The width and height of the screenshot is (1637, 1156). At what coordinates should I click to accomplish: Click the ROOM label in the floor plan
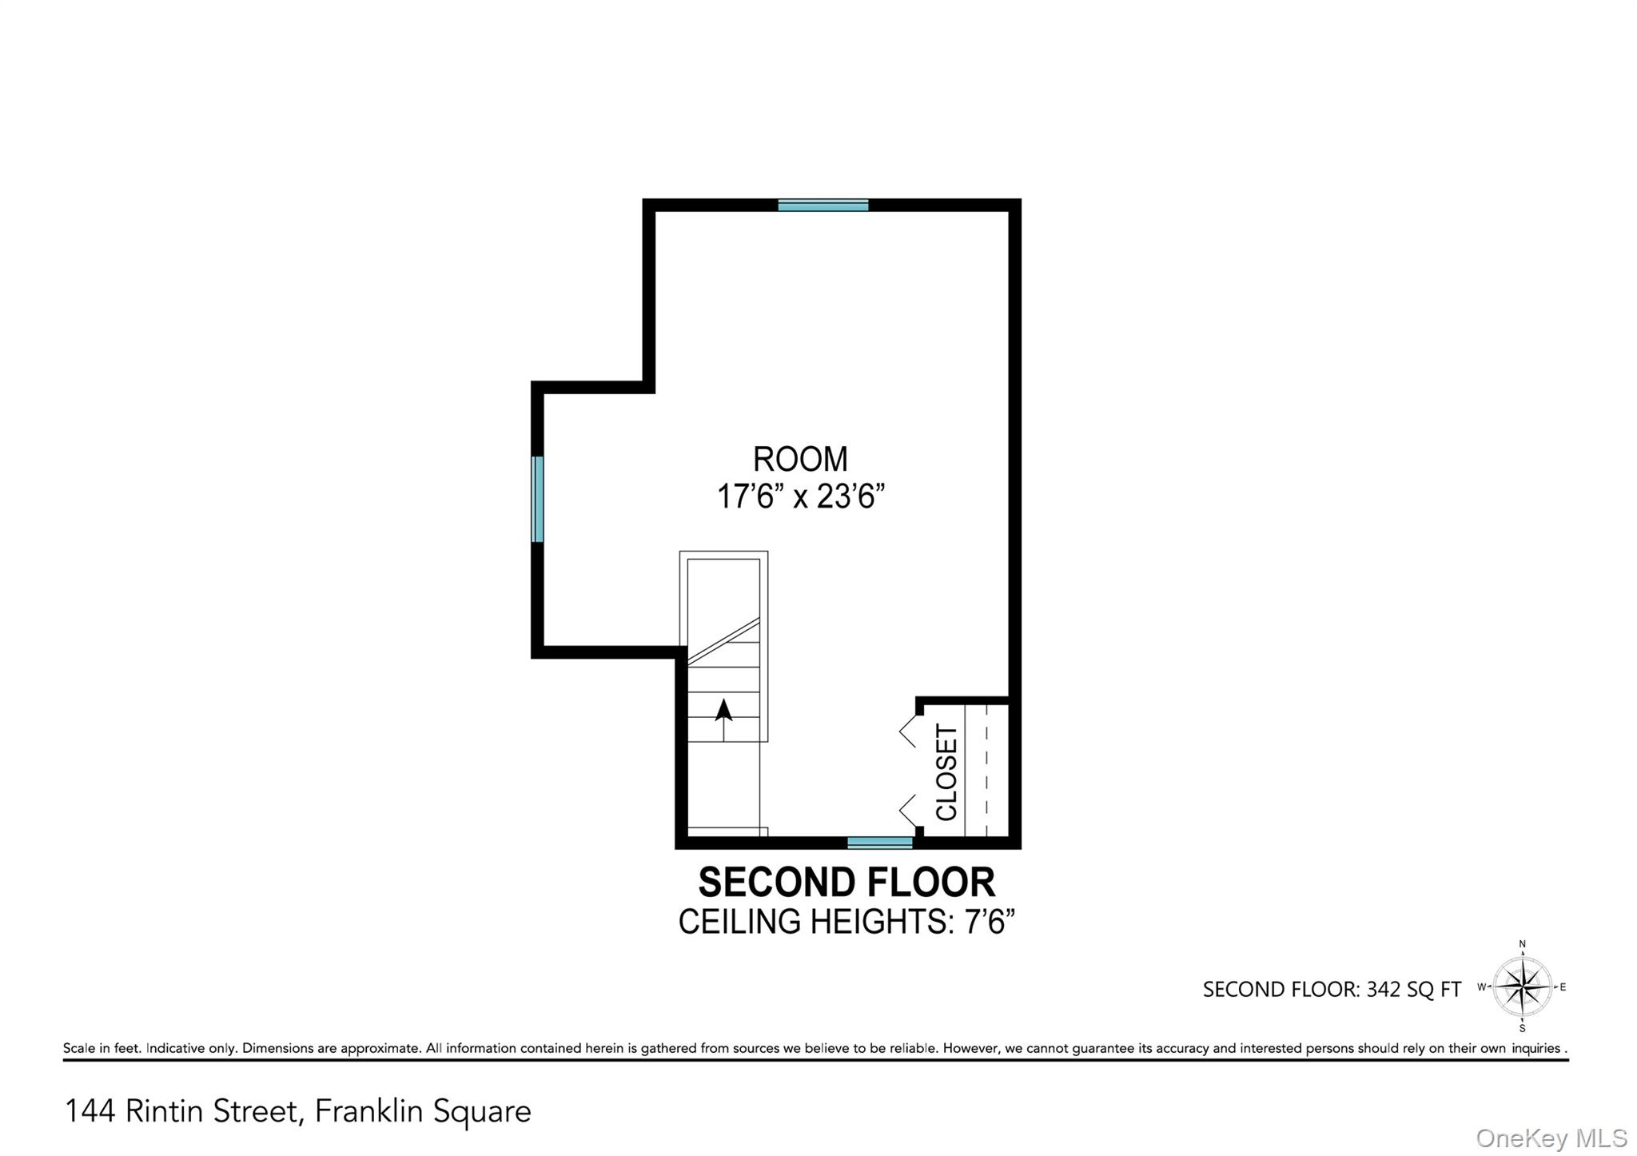(800, 460)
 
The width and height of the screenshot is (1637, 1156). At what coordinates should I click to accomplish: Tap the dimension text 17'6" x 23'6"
(801, 497)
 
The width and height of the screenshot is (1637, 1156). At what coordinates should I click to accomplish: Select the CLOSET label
(946, 772)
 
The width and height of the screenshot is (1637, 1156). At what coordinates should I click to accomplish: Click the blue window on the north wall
(823, 205)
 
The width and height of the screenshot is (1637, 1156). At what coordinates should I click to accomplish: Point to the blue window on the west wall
(538, 499)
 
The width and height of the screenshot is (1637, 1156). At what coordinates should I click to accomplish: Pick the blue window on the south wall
(879, 843)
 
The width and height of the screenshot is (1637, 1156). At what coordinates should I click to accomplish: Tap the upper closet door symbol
(908, 731)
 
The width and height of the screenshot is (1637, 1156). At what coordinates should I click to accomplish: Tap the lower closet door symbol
(908, 811)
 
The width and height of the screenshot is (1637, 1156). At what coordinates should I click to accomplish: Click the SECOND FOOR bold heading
(846, 883)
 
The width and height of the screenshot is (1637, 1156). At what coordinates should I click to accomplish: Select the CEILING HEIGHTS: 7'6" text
(846, 922)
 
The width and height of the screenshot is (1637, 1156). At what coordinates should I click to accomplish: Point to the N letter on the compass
(1523, 945)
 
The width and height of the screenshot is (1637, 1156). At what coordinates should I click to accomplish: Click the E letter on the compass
(1563, 987)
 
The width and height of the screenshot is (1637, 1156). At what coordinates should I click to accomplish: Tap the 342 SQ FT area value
(1413, 990)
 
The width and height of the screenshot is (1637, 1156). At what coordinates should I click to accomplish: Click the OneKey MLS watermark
(1551, 1138)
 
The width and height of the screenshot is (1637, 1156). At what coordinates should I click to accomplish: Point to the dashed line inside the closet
(987, 772)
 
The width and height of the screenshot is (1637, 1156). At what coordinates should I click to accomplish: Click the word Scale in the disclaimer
(79, 1048)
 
